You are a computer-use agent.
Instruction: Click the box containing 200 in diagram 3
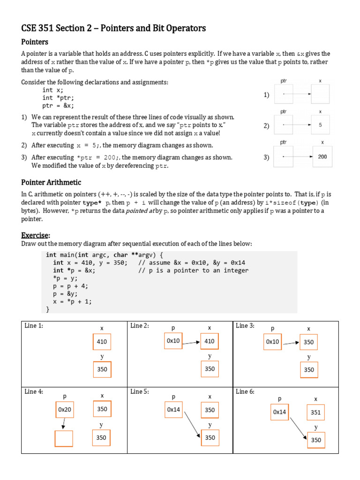coord(322,157)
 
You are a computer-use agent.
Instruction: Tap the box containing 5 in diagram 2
coord(321,125)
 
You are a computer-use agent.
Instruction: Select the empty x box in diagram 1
coord(321,94)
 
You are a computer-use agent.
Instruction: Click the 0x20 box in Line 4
coord(64,409)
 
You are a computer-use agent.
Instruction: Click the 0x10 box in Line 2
coord(173,341)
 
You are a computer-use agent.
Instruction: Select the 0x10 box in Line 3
coord(272,342)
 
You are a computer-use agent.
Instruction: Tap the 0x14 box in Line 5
coord(173,409)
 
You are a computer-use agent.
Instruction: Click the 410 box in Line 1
coord(102,342)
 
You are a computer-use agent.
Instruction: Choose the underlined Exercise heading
coord(36,235)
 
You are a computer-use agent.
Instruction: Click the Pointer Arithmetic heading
coord(51,182)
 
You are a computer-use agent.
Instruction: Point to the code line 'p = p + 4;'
coord(70,286)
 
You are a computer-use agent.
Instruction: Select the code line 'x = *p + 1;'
coord(72,301)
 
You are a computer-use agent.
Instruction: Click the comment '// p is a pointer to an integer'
coord(193,270)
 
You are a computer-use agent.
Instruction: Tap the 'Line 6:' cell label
coord(245,391)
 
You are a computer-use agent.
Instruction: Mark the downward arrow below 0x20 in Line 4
coord(63,423)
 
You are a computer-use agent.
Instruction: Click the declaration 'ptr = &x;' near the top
coord(58,105)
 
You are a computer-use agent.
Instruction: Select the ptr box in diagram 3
coord(284,157)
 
